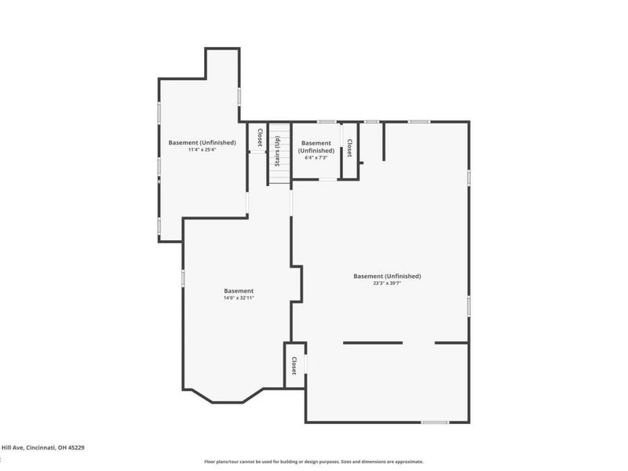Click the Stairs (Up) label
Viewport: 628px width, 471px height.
click(x=276, y=150)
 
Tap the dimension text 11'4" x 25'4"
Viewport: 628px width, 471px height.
click(x=203, y=150)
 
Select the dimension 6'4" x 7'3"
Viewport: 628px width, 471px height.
click(x=316, y=158)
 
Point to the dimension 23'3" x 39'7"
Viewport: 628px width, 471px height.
click(x=387, y=284)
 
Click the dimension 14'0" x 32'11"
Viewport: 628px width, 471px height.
click(x=239, y=298)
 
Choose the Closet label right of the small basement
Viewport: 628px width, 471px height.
click(x=349, y=148)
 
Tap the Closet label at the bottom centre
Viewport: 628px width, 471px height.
click(x=294, y=365)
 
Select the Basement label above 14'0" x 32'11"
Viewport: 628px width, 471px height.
click(x=239, y=290)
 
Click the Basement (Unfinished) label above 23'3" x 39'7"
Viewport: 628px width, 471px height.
click(x=387, y=276)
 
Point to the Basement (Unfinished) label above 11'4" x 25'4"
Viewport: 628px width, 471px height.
click(x=203, y=142)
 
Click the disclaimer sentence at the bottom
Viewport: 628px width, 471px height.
click(x=314, y=462)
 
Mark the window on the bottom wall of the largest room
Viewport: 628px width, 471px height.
click(x=435, y=422)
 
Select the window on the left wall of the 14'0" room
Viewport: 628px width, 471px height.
click(x=183, y=278)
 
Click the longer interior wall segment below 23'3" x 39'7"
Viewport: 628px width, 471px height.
click(x=373, y=342)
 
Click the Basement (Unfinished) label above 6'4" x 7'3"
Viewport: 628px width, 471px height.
click(x=316, y=147)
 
